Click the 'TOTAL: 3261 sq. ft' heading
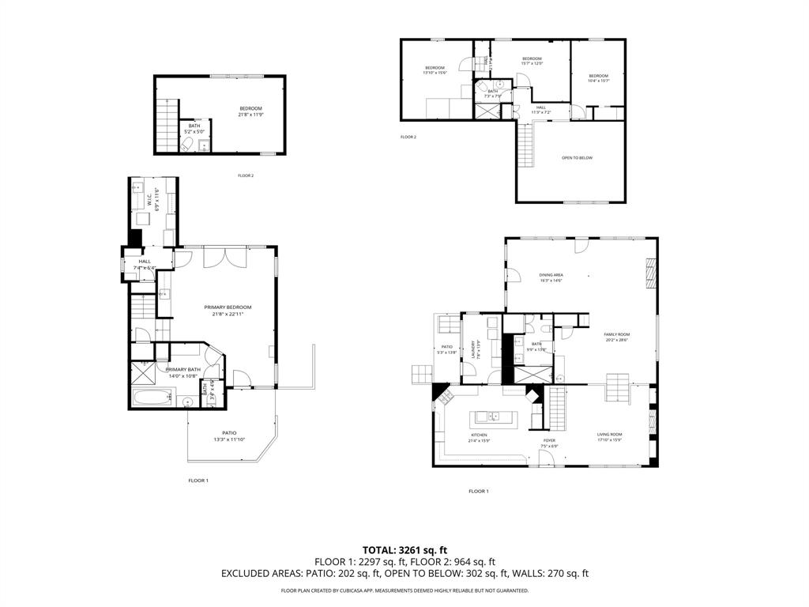tap(404, 549)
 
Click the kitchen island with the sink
tap(493, 417)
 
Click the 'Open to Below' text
tap(577, 158)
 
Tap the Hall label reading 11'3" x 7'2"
tap(540, 110)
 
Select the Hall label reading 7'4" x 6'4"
tap(145, 264)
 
